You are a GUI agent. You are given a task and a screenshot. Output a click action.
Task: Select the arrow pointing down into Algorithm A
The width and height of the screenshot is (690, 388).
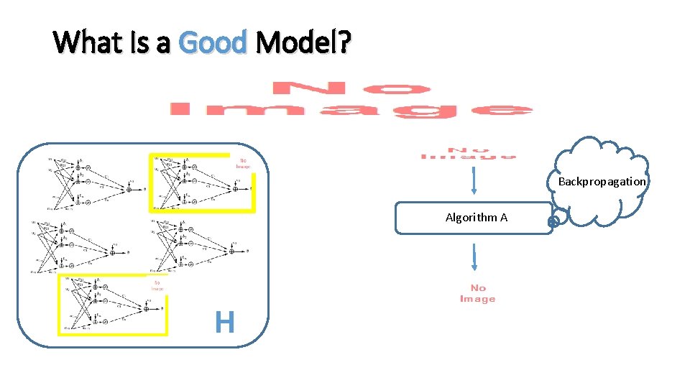pyautogui.click(x=474, y=181)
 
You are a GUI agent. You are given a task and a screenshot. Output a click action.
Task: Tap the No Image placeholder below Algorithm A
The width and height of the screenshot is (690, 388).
pyautogui.click(x=477, y=293)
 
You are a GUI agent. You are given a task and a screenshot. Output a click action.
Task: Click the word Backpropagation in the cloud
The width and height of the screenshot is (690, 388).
pyautogui.click(x=602, y=181)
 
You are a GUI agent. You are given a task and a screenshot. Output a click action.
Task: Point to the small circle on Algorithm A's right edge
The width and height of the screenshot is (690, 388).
pyautogui.click(x=553, y=222)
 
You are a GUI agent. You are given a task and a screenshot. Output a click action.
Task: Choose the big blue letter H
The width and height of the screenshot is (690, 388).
pyautogui.click(x=224, y=323)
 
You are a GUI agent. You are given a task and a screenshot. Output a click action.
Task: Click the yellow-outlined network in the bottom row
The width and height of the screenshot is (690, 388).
pyautogui.click(x=111, y=305)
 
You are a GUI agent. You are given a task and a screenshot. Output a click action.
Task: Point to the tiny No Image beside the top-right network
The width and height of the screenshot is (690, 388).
pyautogui.click(x=243, y=162)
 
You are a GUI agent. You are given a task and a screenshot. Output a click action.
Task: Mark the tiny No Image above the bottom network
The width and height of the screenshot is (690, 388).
pyautogui.click(x=157, y=285)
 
